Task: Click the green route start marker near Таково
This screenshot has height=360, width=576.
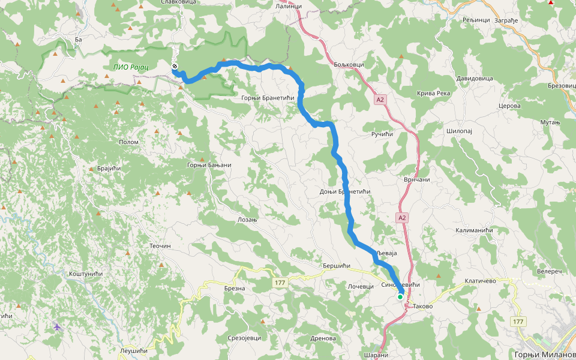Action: tap(400, 296)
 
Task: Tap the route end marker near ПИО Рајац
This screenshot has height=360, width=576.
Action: tap(175, 66)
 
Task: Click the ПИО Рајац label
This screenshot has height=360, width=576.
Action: tap(131, 66)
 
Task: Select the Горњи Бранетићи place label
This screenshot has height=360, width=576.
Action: tap(268, 98)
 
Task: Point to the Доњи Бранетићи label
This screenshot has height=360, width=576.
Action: tap(344, 191)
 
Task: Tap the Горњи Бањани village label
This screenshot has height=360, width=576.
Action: tap(209, 165)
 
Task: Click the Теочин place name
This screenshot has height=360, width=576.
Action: tap(160, 246)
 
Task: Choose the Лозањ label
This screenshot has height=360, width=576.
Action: tap(247, 220)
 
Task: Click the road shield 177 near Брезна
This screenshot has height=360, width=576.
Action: tap(280, 283)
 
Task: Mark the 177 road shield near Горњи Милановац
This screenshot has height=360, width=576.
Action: tap(518, 322)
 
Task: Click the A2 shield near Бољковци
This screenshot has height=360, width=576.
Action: tap(380, 100)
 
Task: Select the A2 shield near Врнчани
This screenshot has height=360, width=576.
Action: tap(402, 218)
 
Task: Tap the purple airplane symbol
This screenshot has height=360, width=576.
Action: tap(57, 327)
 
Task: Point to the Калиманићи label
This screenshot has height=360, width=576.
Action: tap(474, 230)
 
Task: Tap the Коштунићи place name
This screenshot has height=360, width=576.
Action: tap(86, 274)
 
